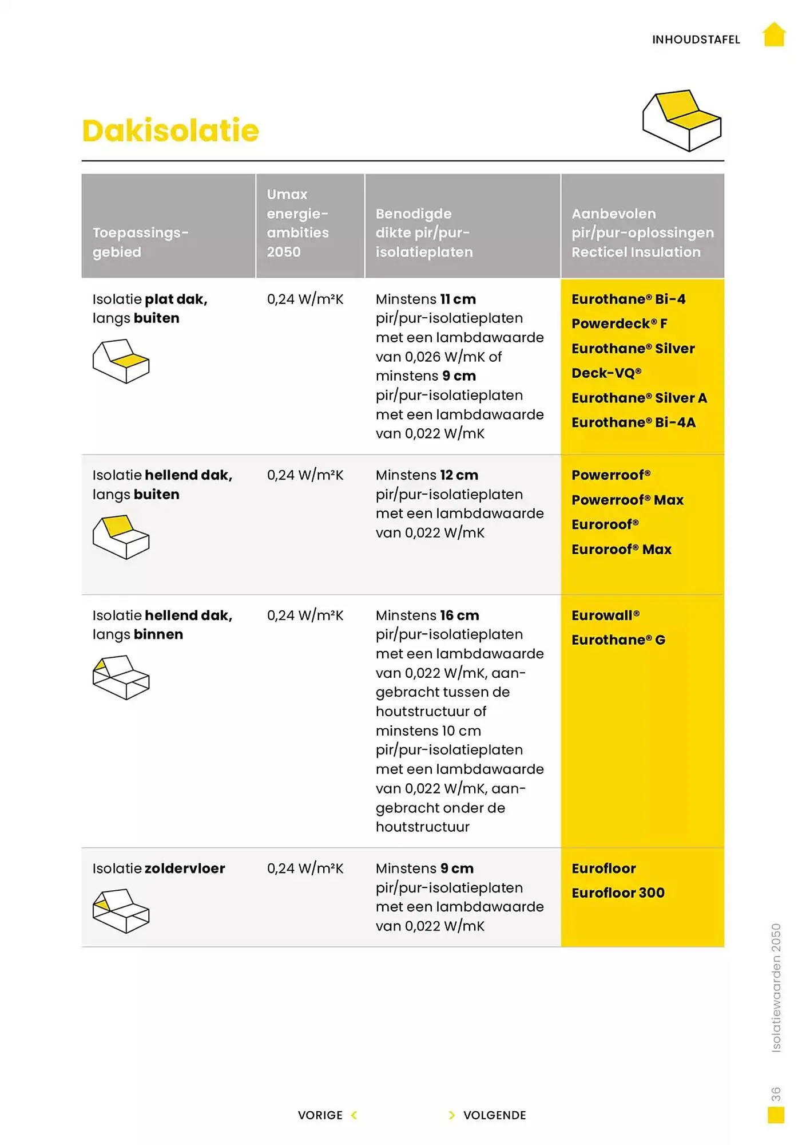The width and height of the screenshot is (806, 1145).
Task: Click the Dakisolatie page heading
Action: click(170, 131)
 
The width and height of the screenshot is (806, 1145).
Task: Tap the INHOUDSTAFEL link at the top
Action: click(696, 40)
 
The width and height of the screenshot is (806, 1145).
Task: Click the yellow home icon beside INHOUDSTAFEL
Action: click(774, 34)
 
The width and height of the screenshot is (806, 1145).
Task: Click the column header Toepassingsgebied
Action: click(140, 242)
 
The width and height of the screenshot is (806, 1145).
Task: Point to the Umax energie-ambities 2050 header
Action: click(297, 223)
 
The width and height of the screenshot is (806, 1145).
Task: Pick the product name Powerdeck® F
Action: click(619, 323)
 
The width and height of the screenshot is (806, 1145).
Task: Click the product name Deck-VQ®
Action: click(606, 373)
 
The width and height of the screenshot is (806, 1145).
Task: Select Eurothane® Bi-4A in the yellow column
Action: click(633, 423)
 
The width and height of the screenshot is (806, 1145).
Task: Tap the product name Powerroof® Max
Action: click(627, 500)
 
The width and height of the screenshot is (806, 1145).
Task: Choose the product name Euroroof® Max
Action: click(621, 549)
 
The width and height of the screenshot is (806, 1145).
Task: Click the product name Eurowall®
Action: click(605, 615)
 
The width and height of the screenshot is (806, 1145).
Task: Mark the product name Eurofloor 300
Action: click(618, 893)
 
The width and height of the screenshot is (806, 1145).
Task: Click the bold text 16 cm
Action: click(459, 615)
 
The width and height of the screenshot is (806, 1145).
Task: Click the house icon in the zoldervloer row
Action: click(121, 910)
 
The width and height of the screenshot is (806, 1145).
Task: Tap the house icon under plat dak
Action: click(121, 361)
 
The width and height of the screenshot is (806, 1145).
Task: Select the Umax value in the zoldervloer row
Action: click(305, 868)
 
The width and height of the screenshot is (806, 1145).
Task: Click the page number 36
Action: click(775, 1094)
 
